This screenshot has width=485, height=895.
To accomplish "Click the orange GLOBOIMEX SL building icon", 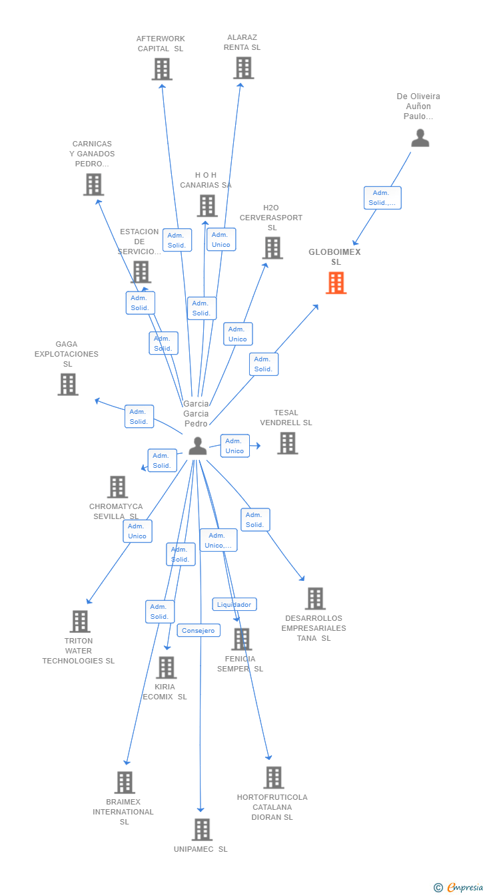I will (336, 283).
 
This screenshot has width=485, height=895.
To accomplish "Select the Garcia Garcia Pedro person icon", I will (197, 446).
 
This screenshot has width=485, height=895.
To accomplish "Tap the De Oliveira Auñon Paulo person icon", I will (420, 138).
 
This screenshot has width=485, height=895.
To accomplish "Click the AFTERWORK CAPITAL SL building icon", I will (162, 69).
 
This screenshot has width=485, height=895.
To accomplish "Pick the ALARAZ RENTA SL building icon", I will (243, 68).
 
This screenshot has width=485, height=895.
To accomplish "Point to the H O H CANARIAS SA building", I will (207, 206).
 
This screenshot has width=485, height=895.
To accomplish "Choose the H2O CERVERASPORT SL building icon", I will (272, 248).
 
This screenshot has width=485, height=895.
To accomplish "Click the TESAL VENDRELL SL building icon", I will (287, 443).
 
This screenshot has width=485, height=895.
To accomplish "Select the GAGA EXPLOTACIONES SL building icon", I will (67, 385).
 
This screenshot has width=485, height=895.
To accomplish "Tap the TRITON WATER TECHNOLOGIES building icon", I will (80, 622).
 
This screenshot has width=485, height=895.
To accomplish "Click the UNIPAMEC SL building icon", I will (202, 830).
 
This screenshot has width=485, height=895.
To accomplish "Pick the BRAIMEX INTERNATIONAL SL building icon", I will (125, 783).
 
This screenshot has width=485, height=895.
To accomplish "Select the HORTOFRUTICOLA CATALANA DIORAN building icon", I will (273, 777).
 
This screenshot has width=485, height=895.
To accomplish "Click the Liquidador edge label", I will (235, 604).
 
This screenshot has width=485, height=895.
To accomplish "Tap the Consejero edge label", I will (199, 630).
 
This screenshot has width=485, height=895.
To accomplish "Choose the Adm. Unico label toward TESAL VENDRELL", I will (235, 446).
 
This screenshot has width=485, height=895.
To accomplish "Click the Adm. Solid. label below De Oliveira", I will (382, 198).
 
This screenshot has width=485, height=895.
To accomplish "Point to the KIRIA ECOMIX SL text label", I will (165, 691).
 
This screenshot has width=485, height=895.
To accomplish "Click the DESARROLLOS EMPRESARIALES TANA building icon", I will (315, 598).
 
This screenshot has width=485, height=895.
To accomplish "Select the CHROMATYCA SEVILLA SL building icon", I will (117, 487).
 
